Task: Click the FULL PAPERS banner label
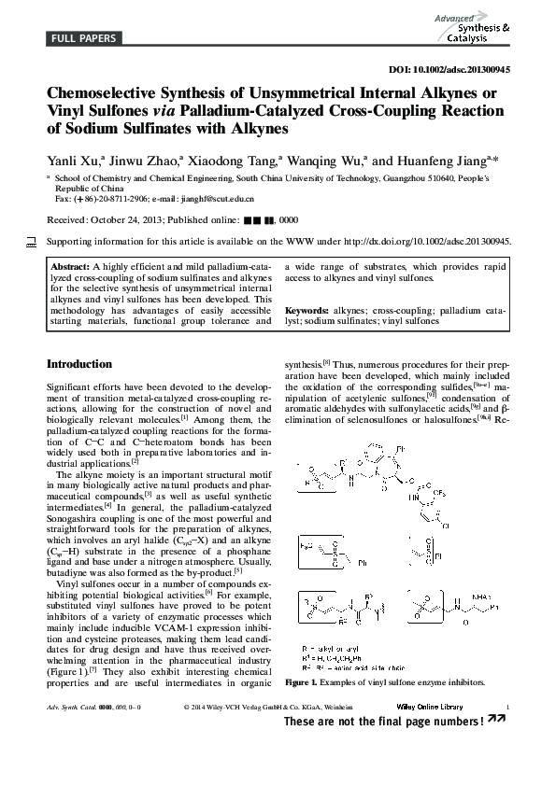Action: coord(83,38)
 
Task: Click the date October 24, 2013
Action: coord(126,219)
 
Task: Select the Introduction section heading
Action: coord(79,364)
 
